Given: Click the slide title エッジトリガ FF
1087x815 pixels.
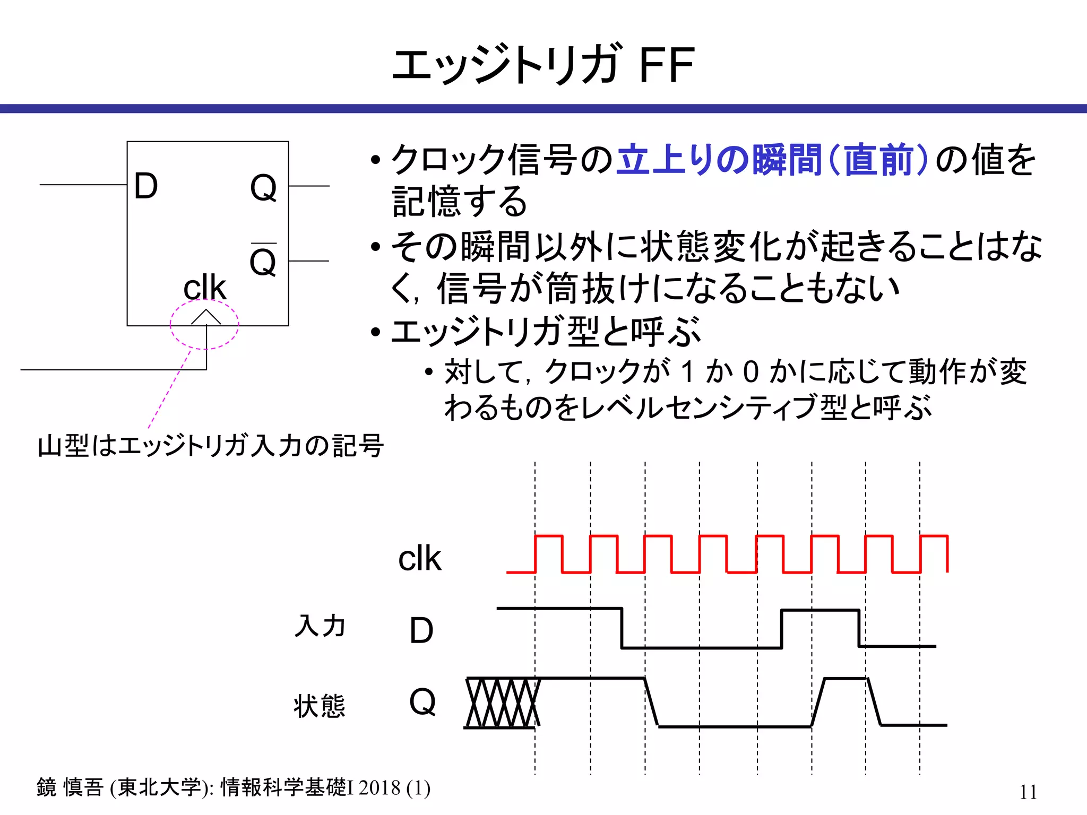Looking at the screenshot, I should pyautogui.click(x=543, y=65).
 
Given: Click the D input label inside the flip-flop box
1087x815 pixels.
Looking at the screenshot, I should pyautogui.click(x=146, y=186).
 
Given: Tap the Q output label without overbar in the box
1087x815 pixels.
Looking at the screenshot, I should pyautogui.click(x=263, y=187).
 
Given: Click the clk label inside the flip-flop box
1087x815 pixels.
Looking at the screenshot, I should pyautogui.click(x=204, y=288).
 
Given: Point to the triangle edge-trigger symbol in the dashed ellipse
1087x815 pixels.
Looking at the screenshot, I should pyautogui.click(x=205, y=317).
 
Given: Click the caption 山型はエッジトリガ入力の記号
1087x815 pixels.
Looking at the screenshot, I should pyautogui.click(x=211, y=446).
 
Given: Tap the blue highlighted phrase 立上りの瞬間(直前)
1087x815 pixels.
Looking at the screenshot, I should pyautogui.click(x=772, y=159).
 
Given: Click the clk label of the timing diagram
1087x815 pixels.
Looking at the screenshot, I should pyautogui.click(x=419, y=558).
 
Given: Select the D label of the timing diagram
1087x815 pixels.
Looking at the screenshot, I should pyautogui.click(x=421, y=630).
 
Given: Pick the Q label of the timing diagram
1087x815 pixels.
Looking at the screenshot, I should pyautogui.click(x=422, y=701).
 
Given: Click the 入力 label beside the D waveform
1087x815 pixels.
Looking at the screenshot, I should pyautogui.click(x=320, y=626).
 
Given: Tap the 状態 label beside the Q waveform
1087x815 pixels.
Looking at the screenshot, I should pyautogui.click(x=320, y=706).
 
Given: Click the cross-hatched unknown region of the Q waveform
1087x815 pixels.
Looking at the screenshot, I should pyautogui.click(x=502, y=703).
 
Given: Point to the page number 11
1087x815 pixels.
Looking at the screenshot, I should pyautogui.click(x=1028, y=792).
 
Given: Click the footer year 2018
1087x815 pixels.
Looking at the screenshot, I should pyautogui.click(x=379, y=787).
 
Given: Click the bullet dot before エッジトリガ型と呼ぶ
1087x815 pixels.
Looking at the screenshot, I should pyautogui.click(x=376, y=333).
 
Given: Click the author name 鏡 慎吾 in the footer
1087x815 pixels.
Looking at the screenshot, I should pyautogui.click(x=70, y=787).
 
